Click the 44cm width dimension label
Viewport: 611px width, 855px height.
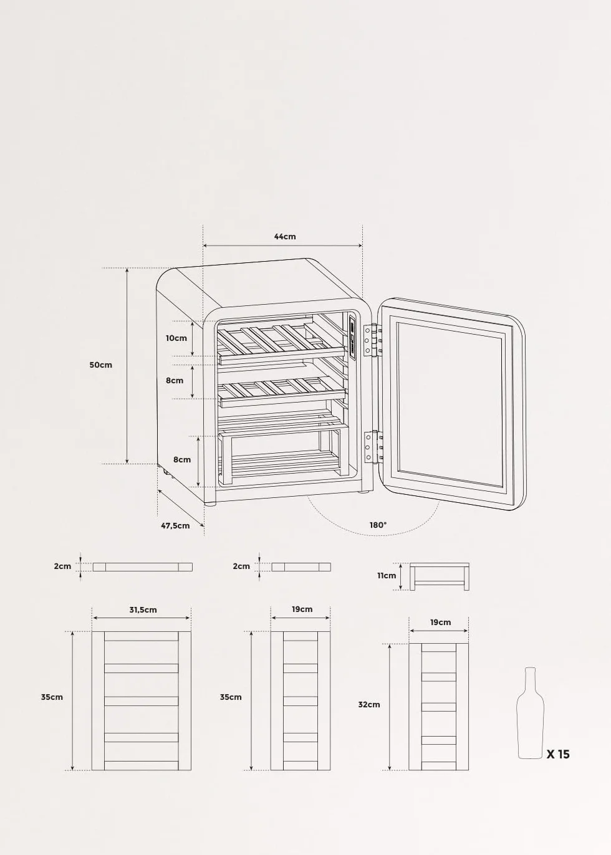pos(285,236)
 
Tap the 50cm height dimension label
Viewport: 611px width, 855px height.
pos(101,365)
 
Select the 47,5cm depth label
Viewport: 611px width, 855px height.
pos(175,525)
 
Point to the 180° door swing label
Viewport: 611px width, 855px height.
pos(378,525)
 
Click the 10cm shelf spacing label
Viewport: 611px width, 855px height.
pos(176,338)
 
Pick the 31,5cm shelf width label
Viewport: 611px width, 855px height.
pos(142,609)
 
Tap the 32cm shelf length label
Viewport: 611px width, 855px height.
pos(369,705)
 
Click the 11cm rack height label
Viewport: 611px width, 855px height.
pos(387,575)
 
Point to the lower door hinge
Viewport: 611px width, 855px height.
pos(373,446)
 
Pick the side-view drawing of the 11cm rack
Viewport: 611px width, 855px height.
pos(439,576)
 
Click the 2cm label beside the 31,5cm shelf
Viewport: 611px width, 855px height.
pos(62,566)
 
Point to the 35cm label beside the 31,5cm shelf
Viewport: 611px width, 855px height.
pos(52,697)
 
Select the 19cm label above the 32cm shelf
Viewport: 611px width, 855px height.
pos(440,622)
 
